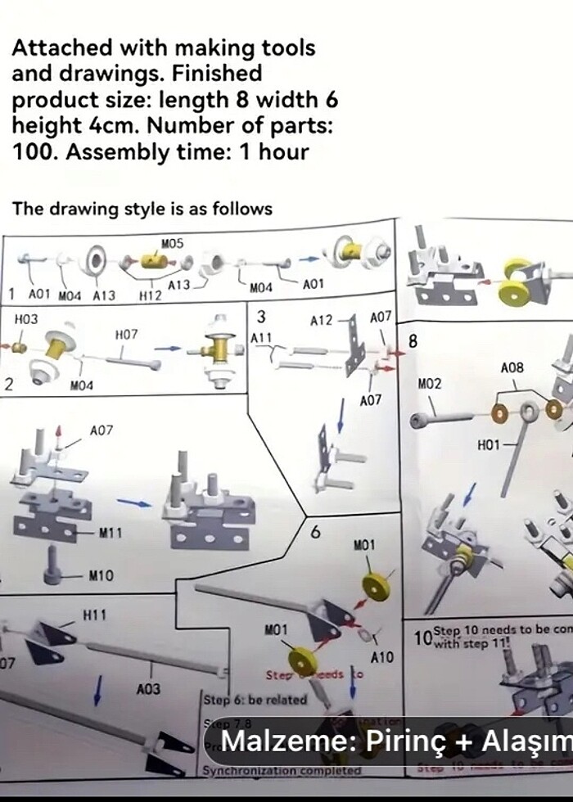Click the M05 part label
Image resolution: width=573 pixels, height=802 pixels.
(x=173, y=243)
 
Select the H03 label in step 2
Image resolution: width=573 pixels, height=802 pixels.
(x=27, y=317)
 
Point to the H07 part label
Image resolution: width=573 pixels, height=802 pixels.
(x=126, y=334)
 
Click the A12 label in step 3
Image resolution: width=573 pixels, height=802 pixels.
(x=322, y=321)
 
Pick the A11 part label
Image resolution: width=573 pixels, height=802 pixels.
(x=261, y=338)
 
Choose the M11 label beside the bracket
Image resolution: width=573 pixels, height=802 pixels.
(x=111, y=534)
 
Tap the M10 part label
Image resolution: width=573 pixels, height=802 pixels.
(x=101, y=576)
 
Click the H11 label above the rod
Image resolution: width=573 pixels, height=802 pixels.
(x=95, y=614)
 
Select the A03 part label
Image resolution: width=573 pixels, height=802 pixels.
(x=148, y=689)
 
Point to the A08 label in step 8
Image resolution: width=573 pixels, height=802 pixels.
(x=512, y=368)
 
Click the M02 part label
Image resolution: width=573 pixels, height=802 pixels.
(x=430, y=384)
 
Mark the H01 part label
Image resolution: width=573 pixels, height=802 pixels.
(x=488, y=444)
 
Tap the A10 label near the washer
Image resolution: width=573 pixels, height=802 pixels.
(x=382, y=657)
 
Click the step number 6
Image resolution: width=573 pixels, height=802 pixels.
(x=315, y=532)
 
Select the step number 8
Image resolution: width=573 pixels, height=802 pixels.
(x=413, y=341)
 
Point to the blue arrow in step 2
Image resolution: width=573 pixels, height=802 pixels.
(x=168, y=348)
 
